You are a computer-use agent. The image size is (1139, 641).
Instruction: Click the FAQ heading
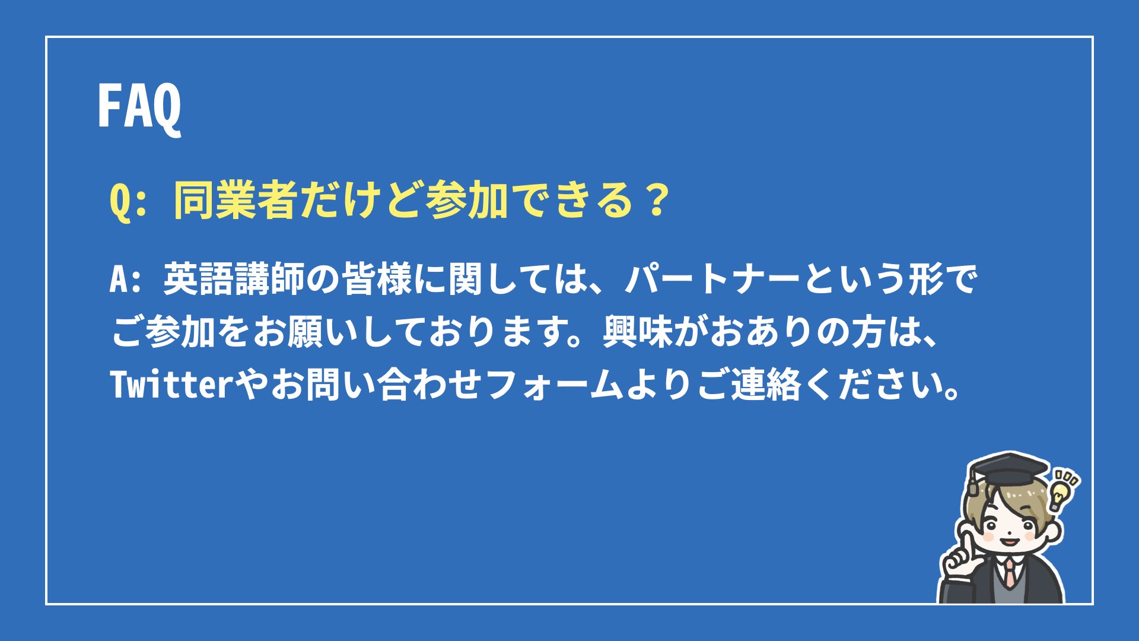pyautogui.click(x=139, y=107)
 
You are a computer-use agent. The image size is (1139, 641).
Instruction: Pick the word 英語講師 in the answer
pyautogui.click(x=234, y=279)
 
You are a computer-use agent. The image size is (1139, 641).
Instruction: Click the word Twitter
pyautogui.click(x=172, y=384)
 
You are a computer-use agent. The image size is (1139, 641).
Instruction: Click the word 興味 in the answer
pyautogui.click(x=638, y=332)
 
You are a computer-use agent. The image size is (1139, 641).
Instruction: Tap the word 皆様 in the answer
pyautogui.click(x=377, y=279)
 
